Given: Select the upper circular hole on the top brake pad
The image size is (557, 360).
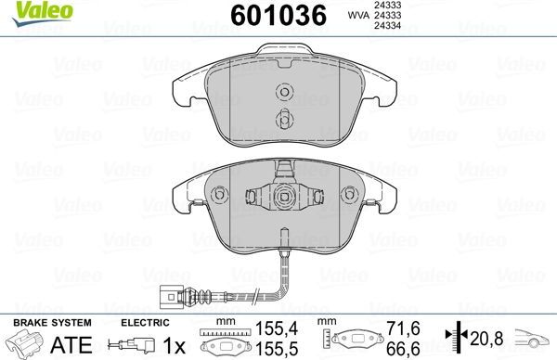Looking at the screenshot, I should tap(284, 91).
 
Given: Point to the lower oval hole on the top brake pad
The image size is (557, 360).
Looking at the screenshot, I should tap(284, 118).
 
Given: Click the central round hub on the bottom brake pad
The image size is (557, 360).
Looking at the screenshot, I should tap(284, 197).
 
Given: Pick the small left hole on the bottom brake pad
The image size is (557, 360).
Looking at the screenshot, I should tap(220, 195).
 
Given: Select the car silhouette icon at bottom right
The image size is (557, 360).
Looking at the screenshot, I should tap(536, 339).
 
